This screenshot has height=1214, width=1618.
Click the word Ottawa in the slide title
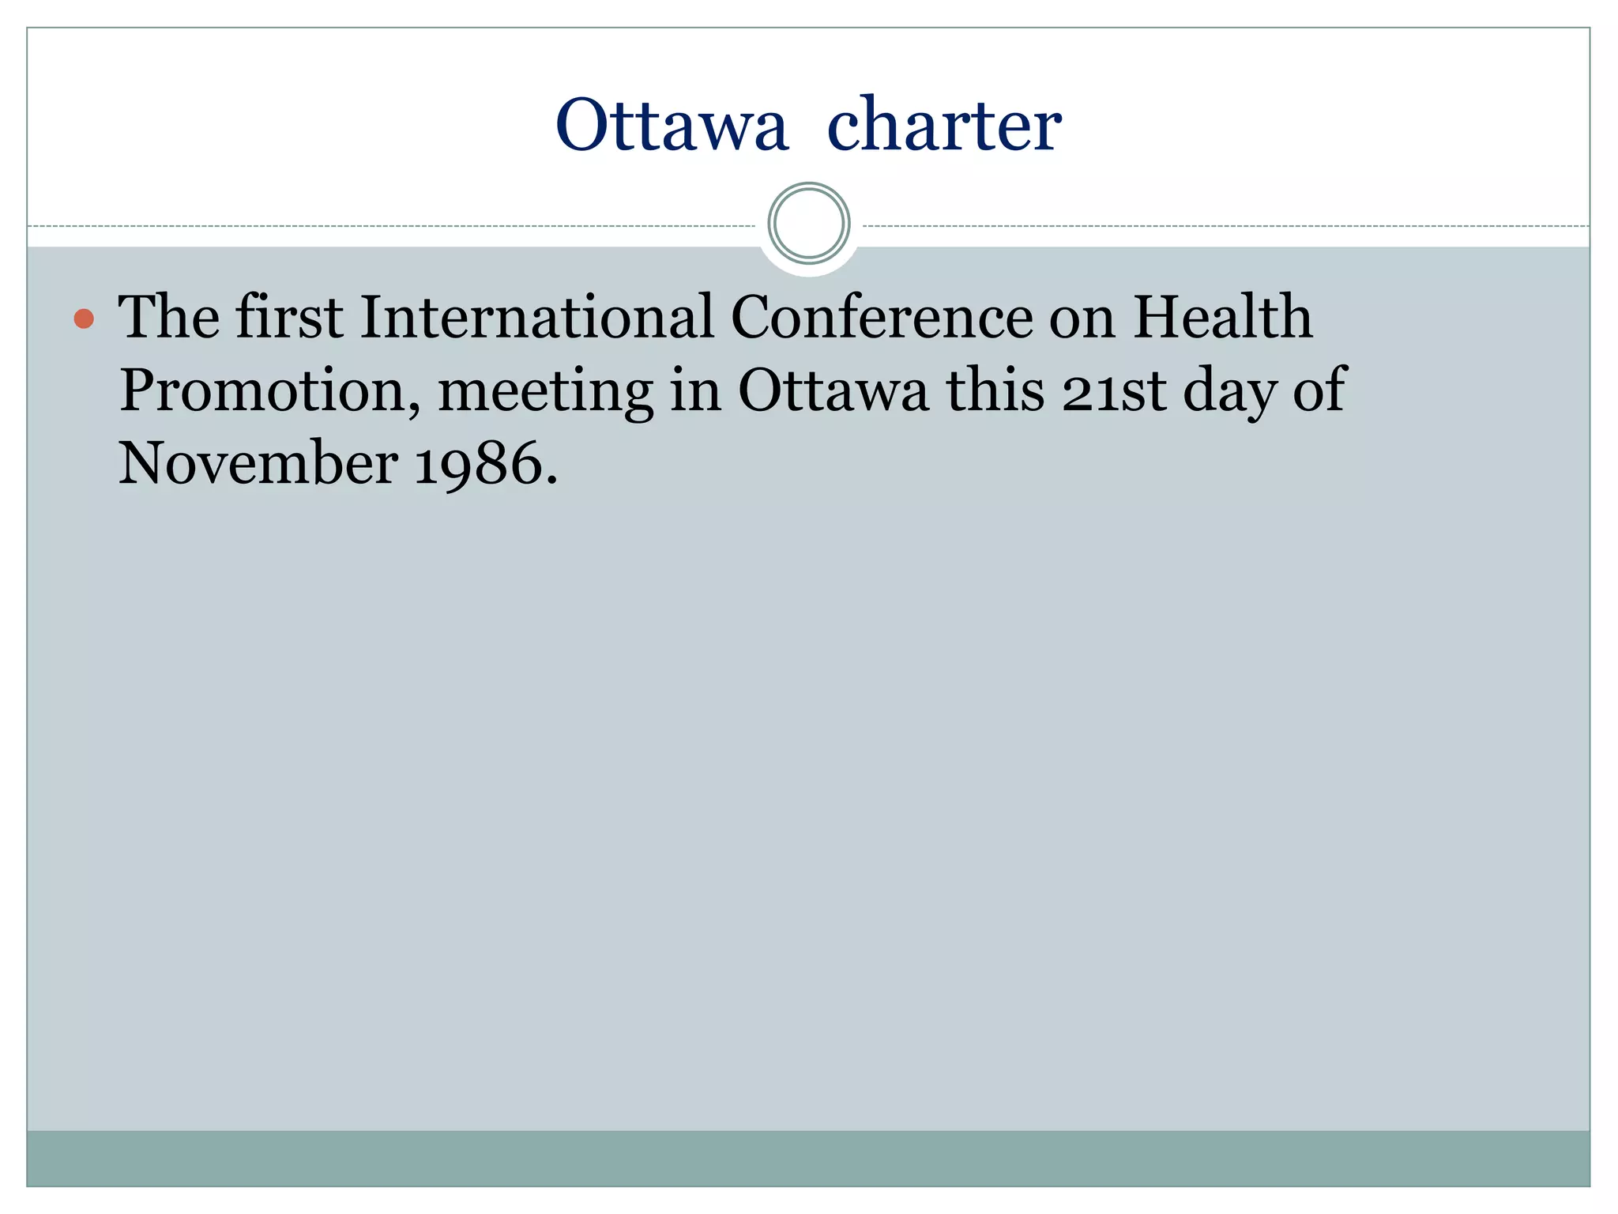pos(672,126)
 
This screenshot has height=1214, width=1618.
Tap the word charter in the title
pos(943,126)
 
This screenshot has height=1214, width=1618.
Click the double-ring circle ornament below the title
pos(808,224)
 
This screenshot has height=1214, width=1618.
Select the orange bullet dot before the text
pos(84,319)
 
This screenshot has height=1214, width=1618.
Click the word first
pos(289,318)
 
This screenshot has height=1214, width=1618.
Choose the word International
pos(536,318)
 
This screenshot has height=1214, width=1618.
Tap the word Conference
pos(882,318)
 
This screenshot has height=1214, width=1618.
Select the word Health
pos(1222,318)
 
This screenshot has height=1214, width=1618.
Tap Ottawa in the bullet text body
pos(833,390)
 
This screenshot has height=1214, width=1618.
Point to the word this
pos(995,390)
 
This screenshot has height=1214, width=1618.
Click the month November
pos(258,464)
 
